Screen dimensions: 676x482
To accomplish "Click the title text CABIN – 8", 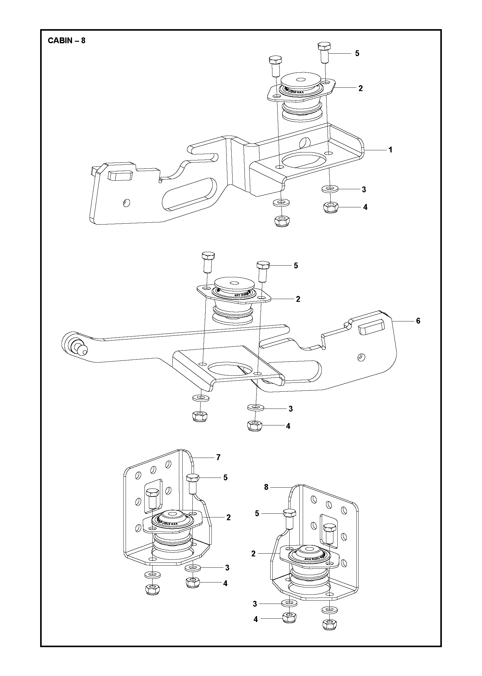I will (x=66, y=41).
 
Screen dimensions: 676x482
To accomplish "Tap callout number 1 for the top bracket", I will (x=390, y=150).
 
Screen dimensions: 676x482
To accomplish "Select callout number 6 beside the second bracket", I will (x=418, y=321).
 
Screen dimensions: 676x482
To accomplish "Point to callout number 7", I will (x=218, y=466).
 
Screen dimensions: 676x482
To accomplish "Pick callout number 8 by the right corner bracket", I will (x=266, y=495).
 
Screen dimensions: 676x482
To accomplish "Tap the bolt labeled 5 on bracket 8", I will (x=290, y=518).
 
